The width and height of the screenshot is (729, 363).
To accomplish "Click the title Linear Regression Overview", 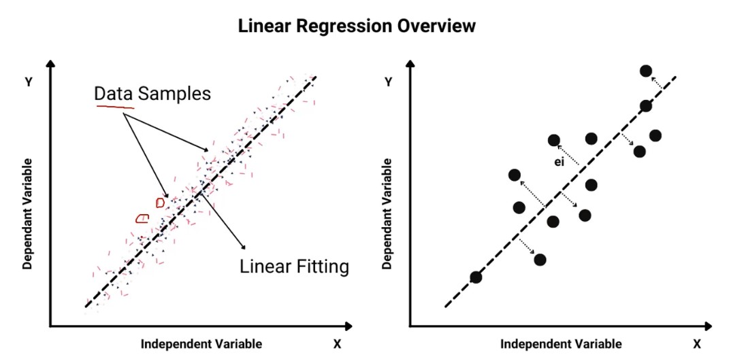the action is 357,26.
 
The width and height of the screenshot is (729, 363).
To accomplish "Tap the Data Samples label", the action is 152,94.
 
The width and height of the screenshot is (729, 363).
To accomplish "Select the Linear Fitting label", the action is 294,267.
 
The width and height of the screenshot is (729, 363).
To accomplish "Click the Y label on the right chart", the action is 389,82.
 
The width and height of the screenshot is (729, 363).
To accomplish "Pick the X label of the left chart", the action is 338,344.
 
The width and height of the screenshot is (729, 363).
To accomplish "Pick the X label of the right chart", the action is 697,344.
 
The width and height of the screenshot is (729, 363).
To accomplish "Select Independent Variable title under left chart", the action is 201,344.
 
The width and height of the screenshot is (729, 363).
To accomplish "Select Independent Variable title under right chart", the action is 561,344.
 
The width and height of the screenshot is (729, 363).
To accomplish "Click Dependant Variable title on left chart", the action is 27,213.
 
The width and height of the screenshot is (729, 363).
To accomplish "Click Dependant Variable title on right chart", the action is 387,213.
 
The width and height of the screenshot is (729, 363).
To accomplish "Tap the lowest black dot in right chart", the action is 476,277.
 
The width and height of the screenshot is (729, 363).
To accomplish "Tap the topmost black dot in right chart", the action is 646,71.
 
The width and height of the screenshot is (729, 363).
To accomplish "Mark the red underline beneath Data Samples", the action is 115,107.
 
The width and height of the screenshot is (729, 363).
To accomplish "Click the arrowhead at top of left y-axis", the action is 50,65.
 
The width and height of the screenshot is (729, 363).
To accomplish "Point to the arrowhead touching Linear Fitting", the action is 242,245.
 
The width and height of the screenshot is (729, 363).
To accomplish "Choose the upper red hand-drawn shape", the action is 160,203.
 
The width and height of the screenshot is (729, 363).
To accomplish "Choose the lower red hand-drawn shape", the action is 142,218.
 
